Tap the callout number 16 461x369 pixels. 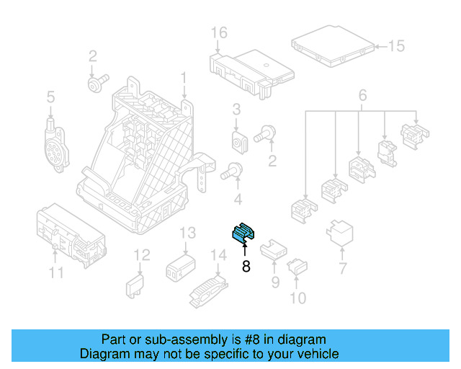[x=219, y=32]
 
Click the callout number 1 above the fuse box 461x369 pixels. [x=184, y=77]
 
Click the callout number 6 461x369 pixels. [x=362, y=94]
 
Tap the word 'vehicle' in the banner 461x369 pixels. [x=318, y=354]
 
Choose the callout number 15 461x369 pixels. [x=397, y=47]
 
